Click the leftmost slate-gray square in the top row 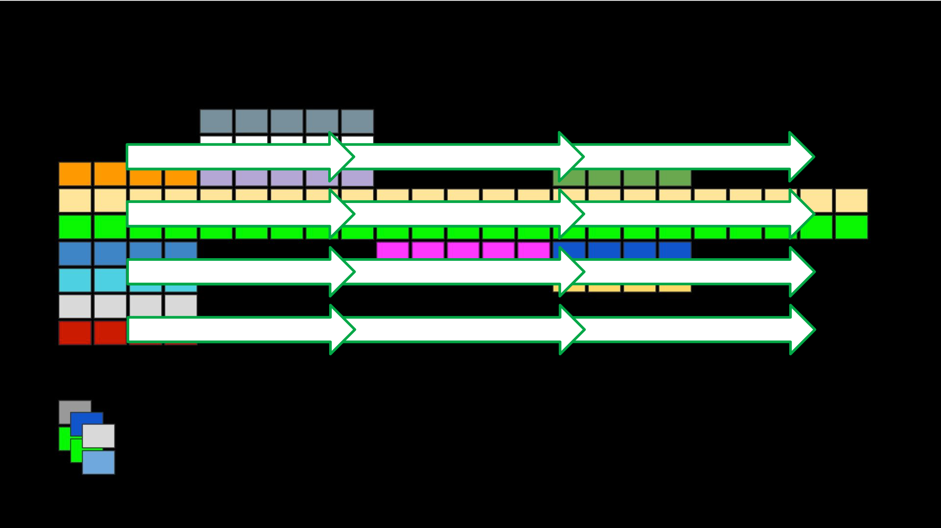pyautogui.click(x=216, y=121)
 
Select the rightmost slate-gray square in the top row pyautogui.click(x=357, y=121)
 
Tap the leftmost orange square pyautogui.click(x=75, y=174)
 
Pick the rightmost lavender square pyautogui.click(x=357, y=178)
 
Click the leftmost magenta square pyautogui.click(x=392, y=250)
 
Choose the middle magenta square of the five pyautogui.click(x=463, y=250)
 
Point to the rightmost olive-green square pyautogui.click(x=675, y=178)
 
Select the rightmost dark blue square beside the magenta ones pyautogui.click(x=675, y=250)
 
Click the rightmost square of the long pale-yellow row pyautogui.click(x=851, y=200)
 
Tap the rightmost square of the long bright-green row pyautogui.click(x=851, y=227)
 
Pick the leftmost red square pyautogui.click(x=75, y=333)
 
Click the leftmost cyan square pyautogui.click(x=75, y=280)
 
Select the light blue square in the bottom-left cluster pyautogui.click(x=98, y=462)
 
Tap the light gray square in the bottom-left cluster pyautogui.click(x=98, y=436)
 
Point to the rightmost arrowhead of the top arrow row pyautogui.click(x=801, y=157)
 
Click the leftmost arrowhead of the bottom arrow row pyautogui.click(x=342, y=330)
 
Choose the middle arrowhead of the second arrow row pyautogui.click(x=571, y=214)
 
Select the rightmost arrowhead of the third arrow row pyautogui.click(x=802, y=272)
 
